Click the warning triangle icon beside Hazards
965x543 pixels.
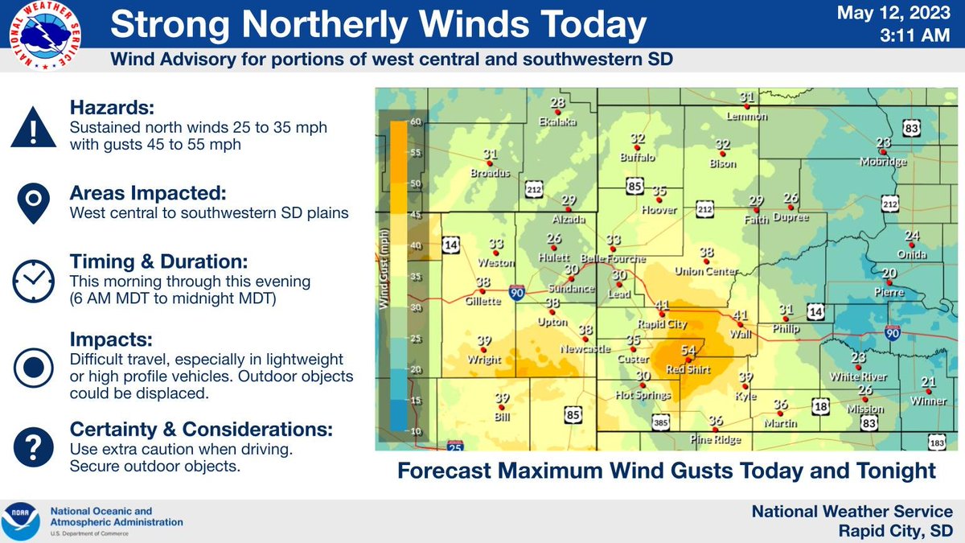[33, 128]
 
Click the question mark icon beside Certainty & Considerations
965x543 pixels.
[33, 443]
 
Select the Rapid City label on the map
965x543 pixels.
[662, 325]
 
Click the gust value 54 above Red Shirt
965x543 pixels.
[688, 351]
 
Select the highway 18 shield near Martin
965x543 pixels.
[819, 407]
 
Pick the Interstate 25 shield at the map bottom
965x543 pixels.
[455, 443]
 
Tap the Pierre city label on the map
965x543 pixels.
[890, 292]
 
